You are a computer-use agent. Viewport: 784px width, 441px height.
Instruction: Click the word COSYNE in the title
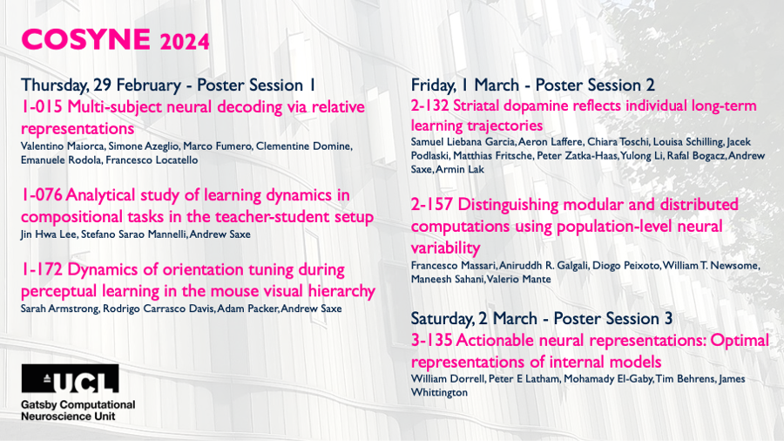click(85, 39)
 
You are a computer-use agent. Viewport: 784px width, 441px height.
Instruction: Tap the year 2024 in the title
click(185, 42)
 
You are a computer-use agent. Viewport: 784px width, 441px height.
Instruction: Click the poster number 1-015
click(42, 107)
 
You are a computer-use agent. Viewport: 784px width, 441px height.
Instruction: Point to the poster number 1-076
click(42, 195)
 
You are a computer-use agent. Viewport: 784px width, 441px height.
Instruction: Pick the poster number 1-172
click(42, 269)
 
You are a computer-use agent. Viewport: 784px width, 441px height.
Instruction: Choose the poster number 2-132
click(429, 106)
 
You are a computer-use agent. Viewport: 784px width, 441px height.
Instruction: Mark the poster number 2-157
click(432, 205)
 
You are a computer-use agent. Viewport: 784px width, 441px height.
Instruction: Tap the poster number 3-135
click(431, 341)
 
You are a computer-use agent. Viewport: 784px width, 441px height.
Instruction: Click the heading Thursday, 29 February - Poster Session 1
click(168, 85)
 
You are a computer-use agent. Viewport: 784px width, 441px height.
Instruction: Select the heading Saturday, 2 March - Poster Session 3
click(542, 318)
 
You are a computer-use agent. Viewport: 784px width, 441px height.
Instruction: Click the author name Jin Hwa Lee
click(49, 234)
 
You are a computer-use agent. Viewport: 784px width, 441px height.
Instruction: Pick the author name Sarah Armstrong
click(59, 309)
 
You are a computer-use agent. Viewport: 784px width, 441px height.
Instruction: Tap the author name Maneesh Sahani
click(447, 279)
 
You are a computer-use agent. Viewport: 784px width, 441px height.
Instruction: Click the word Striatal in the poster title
click(476, 106)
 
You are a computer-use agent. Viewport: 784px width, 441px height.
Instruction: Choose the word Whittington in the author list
click(439, 392)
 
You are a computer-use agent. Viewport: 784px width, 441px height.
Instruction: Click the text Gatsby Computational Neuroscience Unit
click(78, 410)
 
